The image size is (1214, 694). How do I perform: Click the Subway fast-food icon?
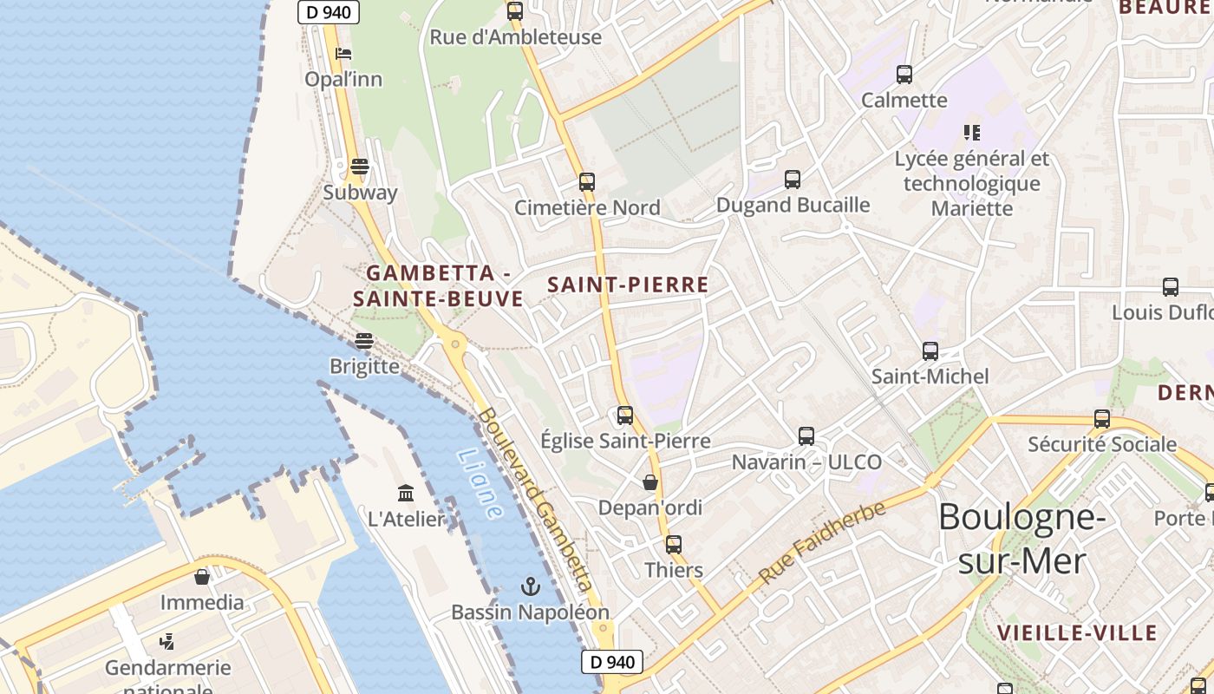pos(360,166)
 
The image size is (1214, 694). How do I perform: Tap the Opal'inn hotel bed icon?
pos(343,54)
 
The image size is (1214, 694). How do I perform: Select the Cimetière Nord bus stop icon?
pos(587,182)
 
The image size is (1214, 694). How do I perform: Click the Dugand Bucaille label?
pos(793,205)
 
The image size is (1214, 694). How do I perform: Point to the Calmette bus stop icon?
pos(904,75)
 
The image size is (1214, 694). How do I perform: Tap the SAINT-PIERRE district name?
pos(629,285)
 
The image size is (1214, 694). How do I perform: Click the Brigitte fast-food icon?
pos(364,341)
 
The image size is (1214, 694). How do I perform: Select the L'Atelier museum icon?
pos(406,494)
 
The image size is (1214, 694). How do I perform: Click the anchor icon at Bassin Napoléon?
pos(530,587)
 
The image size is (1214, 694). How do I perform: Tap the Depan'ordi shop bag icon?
pos(650,482)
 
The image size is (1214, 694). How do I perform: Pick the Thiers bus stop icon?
pos(674,545)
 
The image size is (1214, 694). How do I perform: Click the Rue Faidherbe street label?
pos(822,542)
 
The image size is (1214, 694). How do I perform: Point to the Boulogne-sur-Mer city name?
pos(1021,539)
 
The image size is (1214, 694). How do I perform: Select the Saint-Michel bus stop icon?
pos(930,351)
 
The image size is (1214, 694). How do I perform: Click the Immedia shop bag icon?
pos(202,577)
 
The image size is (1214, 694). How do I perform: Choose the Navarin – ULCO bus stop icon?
pos(806,436)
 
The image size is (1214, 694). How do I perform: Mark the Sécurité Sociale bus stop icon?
pos(1102,419)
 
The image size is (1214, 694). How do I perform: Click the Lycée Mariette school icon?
pos(972,133)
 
